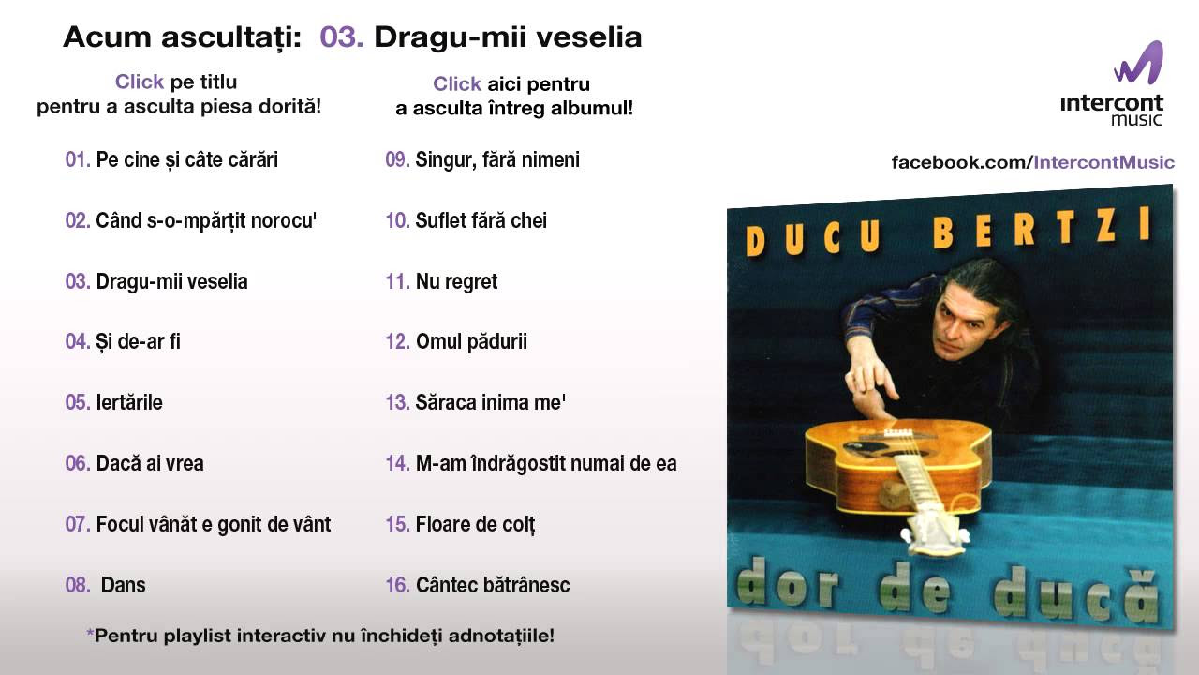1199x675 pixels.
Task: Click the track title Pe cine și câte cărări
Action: (x=186, y=160)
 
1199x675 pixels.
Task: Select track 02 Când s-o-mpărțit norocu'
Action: (x=206, y=220)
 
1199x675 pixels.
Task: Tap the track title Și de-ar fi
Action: (x=138, y=342)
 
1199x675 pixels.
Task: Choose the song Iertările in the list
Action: (x=129, y=402)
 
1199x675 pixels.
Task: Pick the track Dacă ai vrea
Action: (x=150, y=463)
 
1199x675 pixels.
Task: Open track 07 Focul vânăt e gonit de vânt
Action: (x=213, y=524)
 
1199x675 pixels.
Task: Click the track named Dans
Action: (x=123, y=585)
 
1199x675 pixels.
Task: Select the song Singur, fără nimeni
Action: (x=497, y=159)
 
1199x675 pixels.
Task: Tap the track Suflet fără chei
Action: (x=481, y=220)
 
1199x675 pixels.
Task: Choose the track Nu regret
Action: (x=456, y=282)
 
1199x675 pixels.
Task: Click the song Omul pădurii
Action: (x=471, y=342)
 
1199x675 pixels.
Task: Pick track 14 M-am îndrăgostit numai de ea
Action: (x=546, y=464)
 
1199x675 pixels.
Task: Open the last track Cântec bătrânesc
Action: (x=493, y=585)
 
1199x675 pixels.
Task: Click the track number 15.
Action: (x=398, y=524)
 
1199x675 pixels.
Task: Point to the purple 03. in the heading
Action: (x=342, y=37)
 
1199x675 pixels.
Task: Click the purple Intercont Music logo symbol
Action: (x=1139, y=63)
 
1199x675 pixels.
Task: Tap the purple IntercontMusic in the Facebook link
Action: (x=1103, y=162)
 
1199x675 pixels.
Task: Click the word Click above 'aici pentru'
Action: (x=457, y=84)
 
